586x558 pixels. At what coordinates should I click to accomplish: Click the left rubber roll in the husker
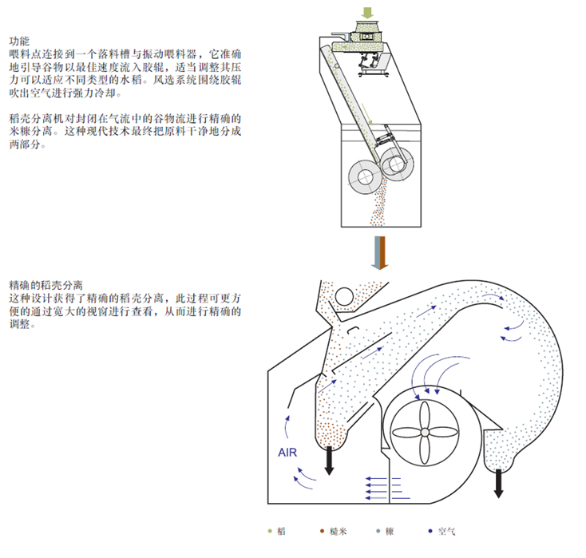point(362,176)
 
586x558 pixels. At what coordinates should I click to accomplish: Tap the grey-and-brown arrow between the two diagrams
point(380,254)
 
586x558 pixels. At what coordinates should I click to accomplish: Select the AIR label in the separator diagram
point(288,453)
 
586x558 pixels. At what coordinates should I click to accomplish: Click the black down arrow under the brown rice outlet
point(330,461)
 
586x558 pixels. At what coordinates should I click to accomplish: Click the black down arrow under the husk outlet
point(500,483)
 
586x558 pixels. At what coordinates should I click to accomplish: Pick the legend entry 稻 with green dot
point(276,531)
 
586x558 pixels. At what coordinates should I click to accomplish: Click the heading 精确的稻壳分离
point(47,285)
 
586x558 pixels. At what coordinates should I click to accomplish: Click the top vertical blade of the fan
point(426,412)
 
